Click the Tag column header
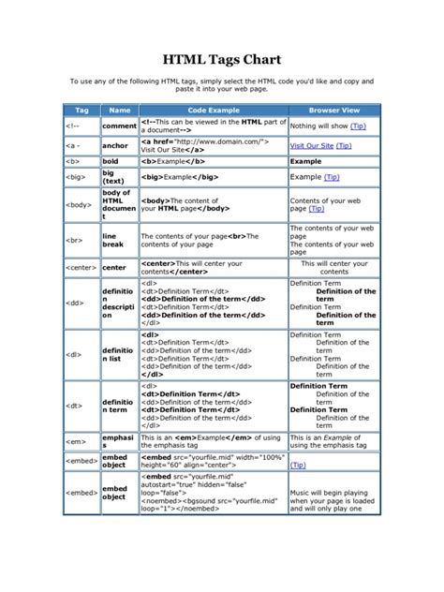coord(81,111)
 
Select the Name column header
coord(119,111)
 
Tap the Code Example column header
coord(213,111)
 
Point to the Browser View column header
coord(334,111)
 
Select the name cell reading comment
coord(119,126)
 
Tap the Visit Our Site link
coord(312,145)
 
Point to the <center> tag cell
coord(82,267)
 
